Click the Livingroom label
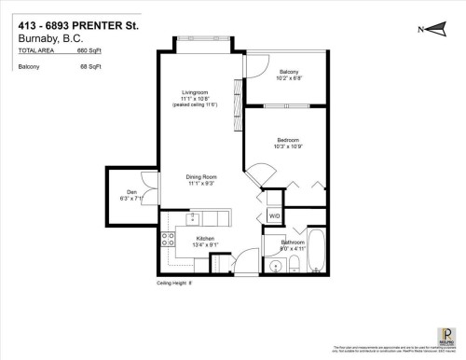(x=195, y=92)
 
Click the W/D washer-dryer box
(x=274, y=216)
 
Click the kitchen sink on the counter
(x=193, y=220)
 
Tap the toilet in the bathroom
(x=295, y=268)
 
